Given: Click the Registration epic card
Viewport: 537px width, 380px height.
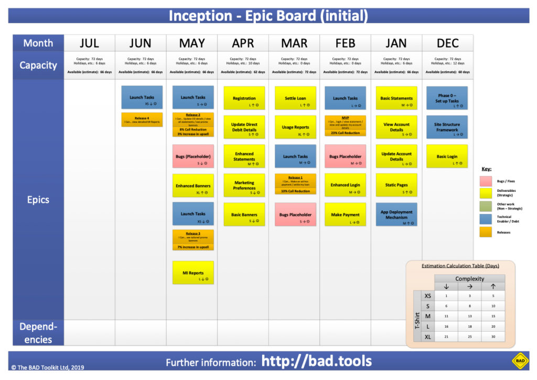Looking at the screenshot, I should (244, 98).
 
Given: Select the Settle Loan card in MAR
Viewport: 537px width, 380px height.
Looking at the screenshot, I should (295, 98).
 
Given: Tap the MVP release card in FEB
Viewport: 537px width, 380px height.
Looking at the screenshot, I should (345, 126).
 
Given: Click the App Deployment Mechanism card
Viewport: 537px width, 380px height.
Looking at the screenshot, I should (396, 214).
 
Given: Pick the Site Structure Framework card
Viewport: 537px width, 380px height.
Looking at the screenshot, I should (447, 127).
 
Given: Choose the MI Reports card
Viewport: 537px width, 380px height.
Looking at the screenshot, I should (193, 273).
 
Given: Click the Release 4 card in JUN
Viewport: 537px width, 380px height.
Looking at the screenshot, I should (142, 120).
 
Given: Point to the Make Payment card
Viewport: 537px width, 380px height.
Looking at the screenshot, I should (345, 214).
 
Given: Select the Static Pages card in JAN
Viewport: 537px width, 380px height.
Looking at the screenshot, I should (396, 185).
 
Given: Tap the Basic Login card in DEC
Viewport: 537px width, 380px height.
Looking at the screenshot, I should (447, 156).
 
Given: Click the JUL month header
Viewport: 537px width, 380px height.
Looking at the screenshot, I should (89, 43).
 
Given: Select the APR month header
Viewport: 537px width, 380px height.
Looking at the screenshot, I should (243, 43).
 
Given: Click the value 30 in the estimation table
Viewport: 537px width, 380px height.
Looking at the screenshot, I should (493, 336).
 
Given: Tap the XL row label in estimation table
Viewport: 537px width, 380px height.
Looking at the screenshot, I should (428, 336).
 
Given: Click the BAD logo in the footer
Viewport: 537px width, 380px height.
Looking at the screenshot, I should (520, 361).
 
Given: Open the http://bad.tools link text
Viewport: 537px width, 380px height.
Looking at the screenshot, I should (317, 361).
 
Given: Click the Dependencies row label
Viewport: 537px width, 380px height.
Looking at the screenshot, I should (38, 333).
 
